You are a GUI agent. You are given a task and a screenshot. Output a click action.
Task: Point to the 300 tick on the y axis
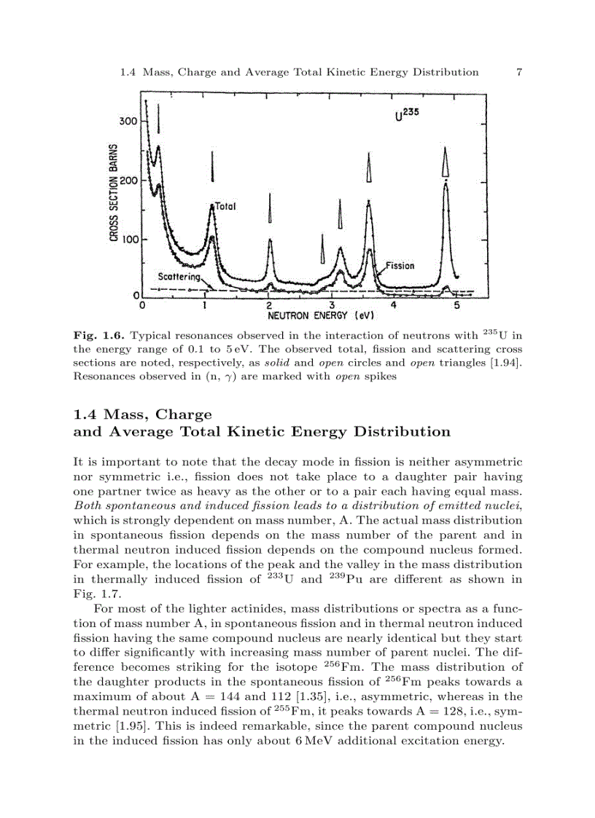[x=128, y=121]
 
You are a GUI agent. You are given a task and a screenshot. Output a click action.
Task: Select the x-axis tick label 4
[x=394, y=305]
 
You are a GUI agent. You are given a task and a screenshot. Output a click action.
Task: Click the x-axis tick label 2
[x=269, y=305]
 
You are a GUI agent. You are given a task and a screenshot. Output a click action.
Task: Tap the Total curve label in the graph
[x=226, y=207]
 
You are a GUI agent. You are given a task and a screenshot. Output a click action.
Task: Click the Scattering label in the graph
[x=179, y=278]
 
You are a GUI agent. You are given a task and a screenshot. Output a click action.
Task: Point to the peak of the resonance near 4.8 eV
[x=446, y=184]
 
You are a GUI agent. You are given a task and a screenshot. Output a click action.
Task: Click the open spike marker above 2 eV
[x=270, y=209]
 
